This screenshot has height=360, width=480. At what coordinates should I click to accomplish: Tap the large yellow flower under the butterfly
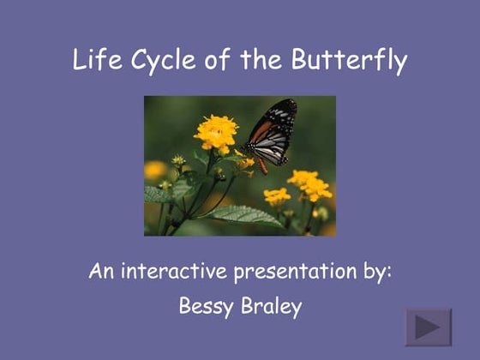(x=216, y=132)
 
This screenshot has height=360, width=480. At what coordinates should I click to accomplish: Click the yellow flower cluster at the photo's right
(x=309, y=183)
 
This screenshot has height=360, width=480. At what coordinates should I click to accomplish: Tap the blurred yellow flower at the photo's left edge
(x=154, y=170)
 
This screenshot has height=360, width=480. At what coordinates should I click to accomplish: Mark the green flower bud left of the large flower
(x=178, y=160)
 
